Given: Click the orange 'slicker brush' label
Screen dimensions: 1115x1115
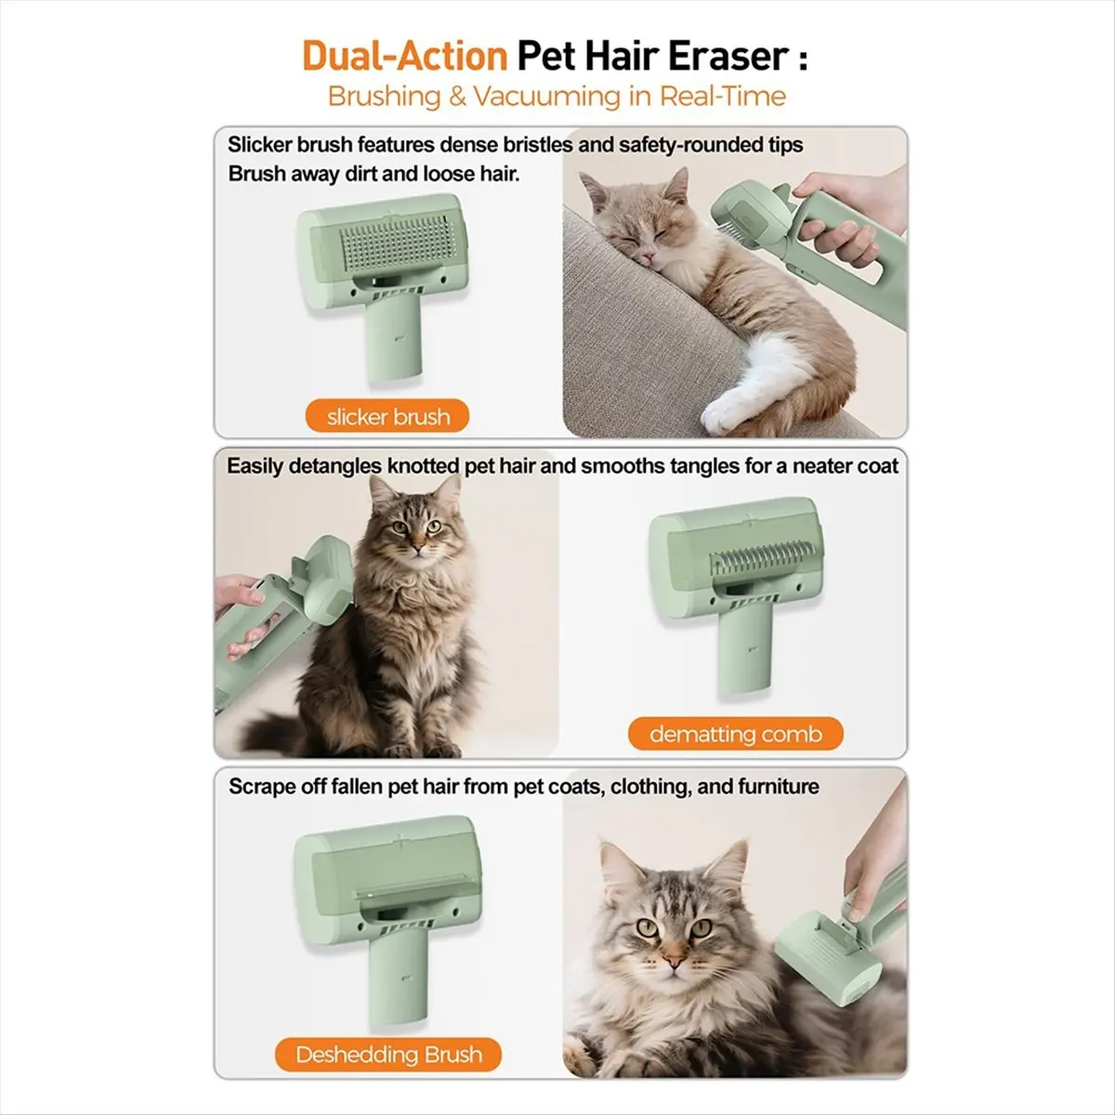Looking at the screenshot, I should point(388,417).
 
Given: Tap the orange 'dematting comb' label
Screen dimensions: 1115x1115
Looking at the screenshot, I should point(735,734).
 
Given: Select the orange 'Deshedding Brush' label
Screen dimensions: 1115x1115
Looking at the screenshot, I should point(388,1055).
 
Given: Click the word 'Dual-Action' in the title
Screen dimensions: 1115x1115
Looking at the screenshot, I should point(404,57).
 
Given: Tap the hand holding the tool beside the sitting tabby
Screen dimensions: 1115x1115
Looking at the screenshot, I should point(240,595).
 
